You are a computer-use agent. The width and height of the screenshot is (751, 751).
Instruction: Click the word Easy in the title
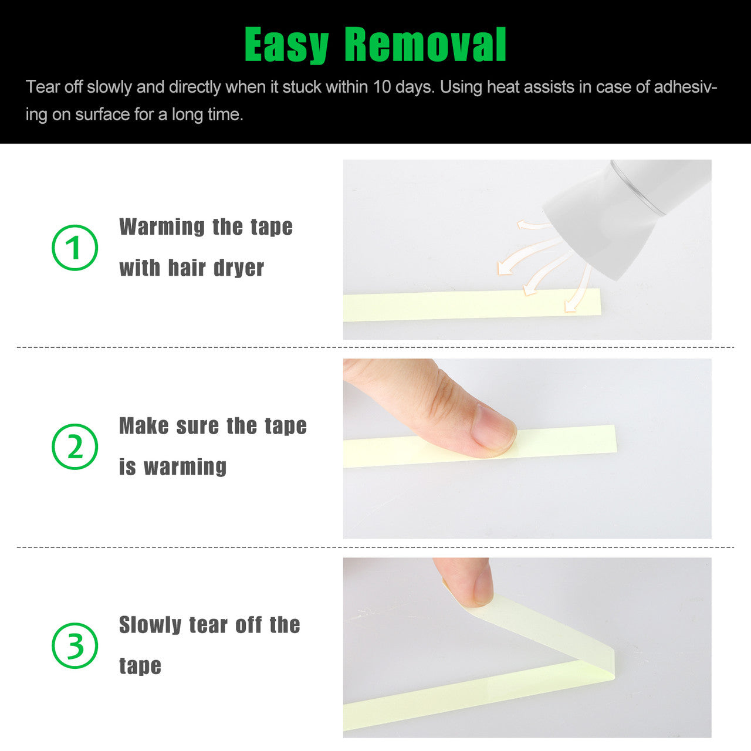point(287,45)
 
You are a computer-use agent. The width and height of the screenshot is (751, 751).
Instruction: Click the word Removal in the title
point(425,45)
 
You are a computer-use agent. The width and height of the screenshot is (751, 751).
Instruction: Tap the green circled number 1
point(75,248)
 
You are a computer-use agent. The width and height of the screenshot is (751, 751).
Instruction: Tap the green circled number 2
point(75,446)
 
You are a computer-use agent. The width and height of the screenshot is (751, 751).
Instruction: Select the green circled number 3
point(75,645)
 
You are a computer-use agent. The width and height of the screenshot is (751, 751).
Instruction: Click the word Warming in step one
point(162,227)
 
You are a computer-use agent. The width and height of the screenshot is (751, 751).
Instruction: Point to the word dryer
point(239,268)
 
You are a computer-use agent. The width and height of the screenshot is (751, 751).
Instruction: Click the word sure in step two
point(197,425)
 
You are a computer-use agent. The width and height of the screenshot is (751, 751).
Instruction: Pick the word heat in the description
point(501,86)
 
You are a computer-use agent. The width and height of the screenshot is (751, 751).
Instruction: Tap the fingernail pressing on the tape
point(493,429)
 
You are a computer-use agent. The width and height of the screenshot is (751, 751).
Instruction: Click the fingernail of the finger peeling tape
point(483,587)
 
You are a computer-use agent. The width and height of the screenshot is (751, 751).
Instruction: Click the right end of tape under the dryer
point(600,301)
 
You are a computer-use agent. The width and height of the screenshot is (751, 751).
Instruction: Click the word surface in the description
point(102,114)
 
